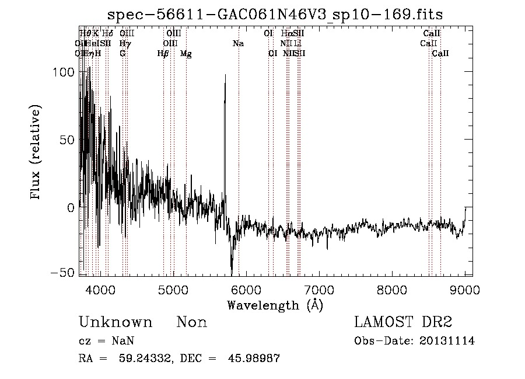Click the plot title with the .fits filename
pyautogui.click(x=275, y=15)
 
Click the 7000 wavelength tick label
pyautogui.click(x=319, y=289)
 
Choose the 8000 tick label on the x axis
pyautogui.click(x=392, y=289)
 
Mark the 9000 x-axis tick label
pyautogui.click(x=465, y=289)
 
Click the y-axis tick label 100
pyautogui.click(x=64, y=72)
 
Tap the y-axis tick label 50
pyautogui.click(x=68, y=140)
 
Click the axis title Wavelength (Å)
pyautogui.click(x=275, y=305)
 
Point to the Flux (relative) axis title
pyautogui.click(x=36, y=152)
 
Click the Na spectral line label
pyautogui.click(x=238, y=44)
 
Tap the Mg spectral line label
pyautogui.click(x=185, y=54)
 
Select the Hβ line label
pyautogui.click(x=163, y=54)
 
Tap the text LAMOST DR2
pyautogui.click(x=402, y=322)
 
